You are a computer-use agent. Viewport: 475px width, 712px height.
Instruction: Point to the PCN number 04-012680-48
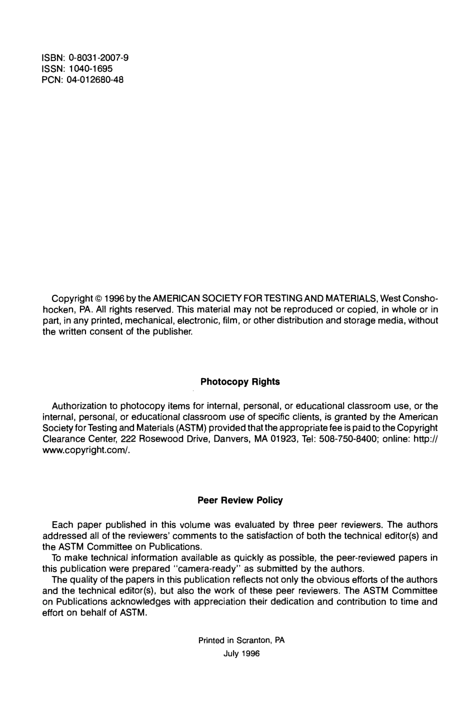95,79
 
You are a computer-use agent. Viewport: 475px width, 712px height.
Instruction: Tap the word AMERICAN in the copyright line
166,299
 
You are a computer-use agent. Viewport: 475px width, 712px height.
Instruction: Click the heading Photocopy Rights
240,382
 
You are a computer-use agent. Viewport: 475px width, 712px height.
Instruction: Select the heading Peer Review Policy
240,500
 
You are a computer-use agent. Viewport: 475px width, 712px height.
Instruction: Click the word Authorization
79,406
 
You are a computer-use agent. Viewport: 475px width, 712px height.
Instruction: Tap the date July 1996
241,654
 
